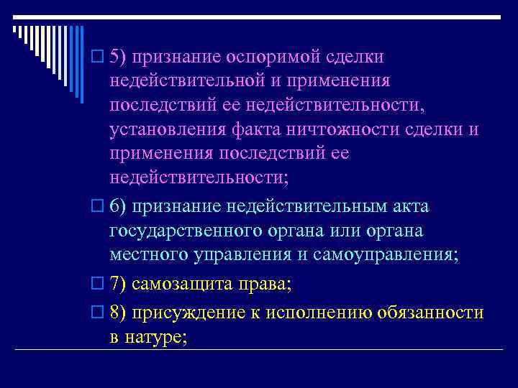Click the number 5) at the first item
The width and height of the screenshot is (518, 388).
pyautogui.click(x=119, y=57)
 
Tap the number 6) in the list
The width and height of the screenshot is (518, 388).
pyautogui.click(x=119, y=207)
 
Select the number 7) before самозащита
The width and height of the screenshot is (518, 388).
pyautogui.click(x=119, y=284)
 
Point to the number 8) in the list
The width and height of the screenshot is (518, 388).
pyautogui.click(x=119, y=313)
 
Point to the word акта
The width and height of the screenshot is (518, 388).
pyautogui.click(x=409, y=207)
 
